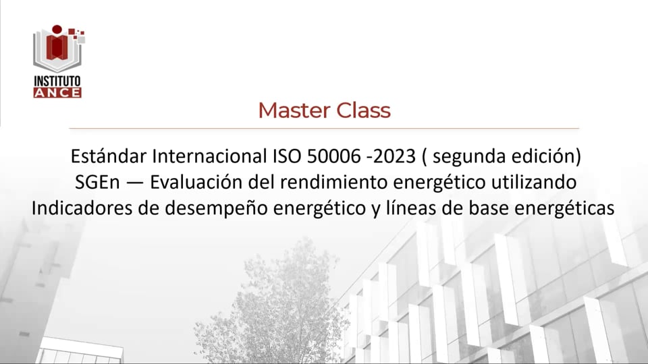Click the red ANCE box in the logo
point(57,92)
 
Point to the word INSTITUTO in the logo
point(57,81)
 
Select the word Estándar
point(108,156)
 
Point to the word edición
point(544,156)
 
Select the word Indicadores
point(74,208)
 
